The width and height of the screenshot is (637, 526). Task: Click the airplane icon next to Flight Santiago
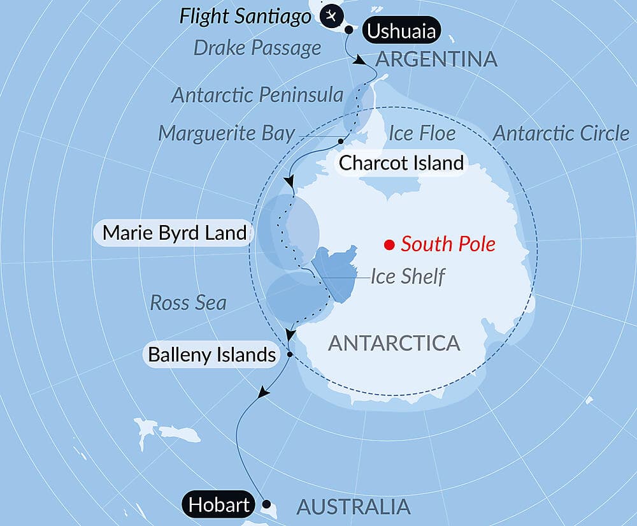(x=330, y=15)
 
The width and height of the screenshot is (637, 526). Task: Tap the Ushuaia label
(x=402, y=30)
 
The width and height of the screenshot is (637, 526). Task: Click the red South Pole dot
(x=388, y=244)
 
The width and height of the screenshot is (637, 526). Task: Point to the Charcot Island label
(x=401, y=163)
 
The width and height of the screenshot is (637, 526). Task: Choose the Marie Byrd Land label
(x=174, y=233)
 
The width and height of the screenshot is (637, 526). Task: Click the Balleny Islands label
(x=211, y=354)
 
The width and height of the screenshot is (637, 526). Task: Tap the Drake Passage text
(x=257, y=48)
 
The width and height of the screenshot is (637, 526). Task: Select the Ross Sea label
(x=188, y=302)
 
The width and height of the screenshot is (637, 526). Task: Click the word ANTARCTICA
(x=394, y=343)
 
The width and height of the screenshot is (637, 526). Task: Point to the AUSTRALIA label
(x=354, y=507)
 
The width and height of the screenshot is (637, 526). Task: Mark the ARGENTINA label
(x=436, y=59)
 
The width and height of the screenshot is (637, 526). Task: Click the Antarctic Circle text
(x=561, y=133)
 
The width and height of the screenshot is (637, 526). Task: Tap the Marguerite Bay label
(x=227, y=133)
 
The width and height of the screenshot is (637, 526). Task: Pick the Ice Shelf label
(x=408, y=277)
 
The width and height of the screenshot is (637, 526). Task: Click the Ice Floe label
(x=422, y=133)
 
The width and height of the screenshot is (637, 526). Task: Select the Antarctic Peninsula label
(x=257, y=95)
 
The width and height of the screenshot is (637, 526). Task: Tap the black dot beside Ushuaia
(x=348, y=29)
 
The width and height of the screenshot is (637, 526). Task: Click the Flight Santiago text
(x=245, y=15)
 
